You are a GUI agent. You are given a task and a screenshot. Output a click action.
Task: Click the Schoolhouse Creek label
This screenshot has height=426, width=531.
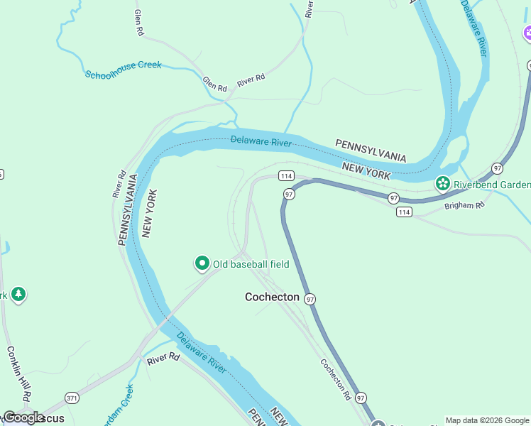(123, 70)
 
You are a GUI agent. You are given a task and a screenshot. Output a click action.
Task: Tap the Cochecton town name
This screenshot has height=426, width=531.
(272, 297)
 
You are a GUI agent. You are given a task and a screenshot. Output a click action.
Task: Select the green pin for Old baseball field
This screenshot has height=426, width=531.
(202, 264)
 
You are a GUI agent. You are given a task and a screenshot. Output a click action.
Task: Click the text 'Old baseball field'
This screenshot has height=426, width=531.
(251, 264)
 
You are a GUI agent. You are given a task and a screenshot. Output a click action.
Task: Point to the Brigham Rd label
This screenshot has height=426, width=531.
(464, 205)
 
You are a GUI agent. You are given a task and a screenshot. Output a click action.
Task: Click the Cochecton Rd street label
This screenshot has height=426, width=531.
(335, 377)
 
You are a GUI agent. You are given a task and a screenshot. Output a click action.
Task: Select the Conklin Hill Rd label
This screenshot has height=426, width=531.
(20, 372)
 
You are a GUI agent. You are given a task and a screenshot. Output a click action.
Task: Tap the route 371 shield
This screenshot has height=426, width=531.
(72, 398)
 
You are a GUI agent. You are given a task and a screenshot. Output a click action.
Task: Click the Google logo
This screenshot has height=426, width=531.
(23, 417)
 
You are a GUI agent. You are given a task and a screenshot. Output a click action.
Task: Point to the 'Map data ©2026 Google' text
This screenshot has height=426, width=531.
(487, 420)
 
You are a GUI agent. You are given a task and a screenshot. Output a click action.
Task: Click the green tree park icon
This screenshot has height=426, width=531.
(18, 294)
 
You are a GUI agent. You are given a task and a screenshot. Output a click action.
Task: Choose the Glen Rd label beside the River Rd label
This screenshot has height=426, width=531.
(214, 84)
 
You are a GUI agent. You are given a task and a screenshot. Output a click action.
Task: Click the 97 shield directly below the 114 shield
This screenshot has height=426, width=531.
(289, 194)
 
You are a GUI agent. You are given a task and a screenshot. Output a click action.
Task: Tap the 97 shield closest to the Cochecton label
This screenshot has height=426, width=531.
(310, 300)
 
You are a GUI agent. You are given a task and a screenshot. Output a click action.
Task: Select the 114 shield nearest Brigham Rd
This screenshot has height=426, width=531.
(404, 212)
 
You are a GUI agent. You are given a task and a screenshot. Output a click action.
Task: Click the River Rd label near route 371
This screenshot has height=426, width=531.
(164, 360)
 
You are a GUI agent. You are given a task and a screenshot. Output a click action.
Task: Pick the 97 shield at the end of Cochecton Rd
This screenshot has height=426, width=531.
(361, 398)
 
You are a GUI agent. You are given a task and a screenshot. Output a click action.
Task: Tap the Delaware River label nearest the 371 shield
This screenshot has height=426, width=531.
(202, 352)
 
